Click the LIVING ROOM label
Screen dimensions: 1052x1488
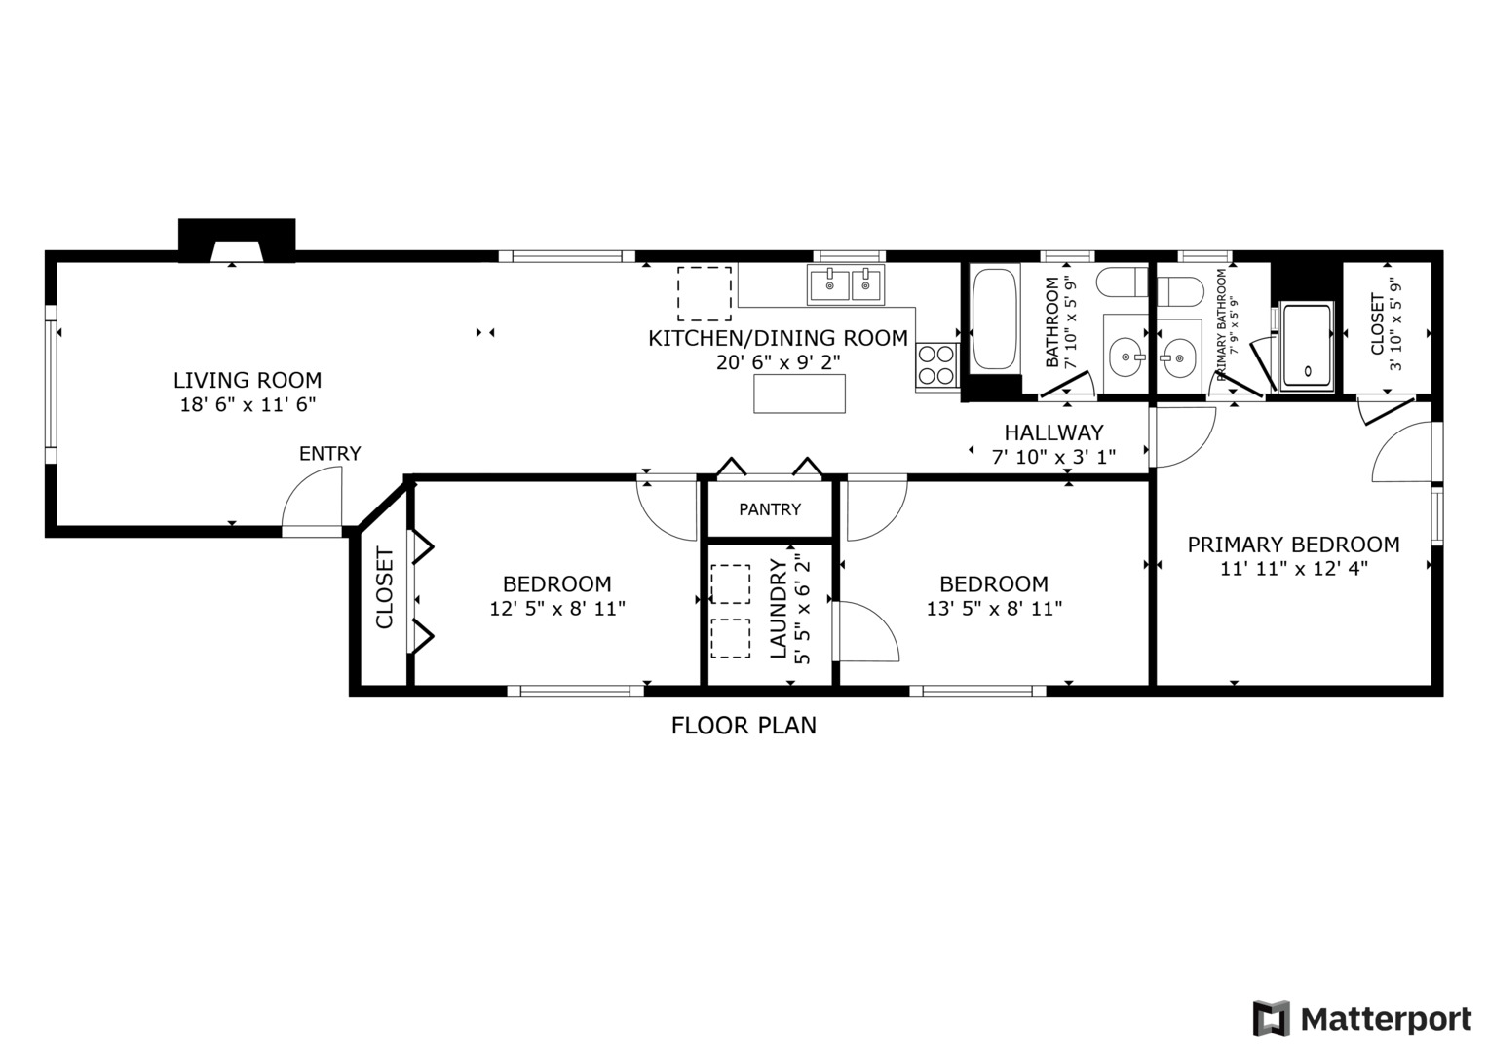pos(248,380)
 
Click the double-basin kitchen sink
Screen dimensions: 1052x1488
pos(845,285)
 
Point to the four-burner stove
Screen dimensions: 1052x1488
pos(936,365)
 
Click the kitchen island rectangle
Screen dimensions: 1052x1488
pos(799,394)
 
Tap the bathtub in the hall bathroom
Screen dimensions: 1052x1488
pos(993,319)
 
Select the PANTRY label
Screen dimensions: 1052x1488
pos(770,509)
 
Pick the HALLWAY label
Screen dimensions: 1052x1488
pos(1053,432)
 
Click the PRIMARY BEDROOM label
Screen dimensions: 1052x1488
pos(1293,545)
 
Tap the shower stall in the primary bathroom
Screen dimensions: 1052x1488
pos(1307,347)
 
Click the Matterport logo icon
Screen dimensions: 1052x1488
pos(1271,1019)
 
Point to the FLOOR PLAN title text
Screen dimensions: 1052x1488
pos(744,725)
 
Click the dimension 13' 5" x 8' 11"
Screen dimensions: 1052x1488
pos(994,609)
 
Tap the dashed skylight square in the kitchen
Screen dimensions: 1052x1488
pos(705,293)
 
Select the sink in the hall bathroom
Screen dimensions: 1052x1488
pos(1128,356)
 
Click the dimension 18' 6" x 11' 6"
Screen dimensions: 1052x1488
pos(248,404)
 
